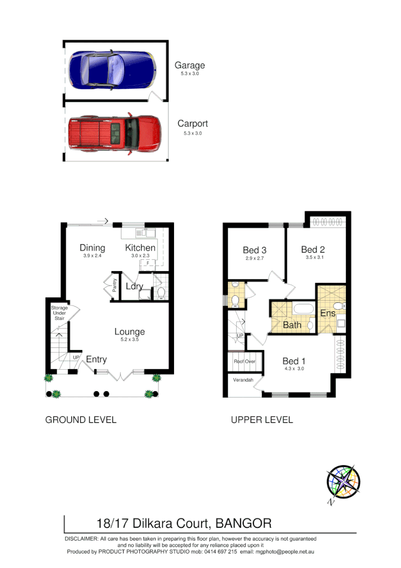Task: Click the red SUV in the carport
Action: click(115, 133)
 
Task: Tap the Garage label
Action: click(190, 65)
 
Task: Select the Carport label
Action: click(193, 124)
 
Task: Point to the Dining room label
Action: click(92, 248)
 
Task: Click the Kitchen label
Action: click(140, 248)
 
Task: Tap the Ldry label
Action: click(134, 286)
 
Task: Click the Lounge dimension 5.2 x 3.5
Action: click(130, 340)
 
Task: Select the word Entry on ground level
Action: click(96, 359)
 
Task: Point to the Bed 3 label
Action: click(254, 250)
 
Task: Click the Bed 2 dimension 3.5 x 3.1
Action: click(313, 258)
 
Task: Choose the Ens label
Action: click(327, 313)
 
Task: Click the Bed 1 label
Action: click(294, 361)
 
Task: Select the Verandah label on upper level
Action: click(243, 380)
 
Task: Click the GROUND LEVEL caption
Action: click(80, 420)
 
